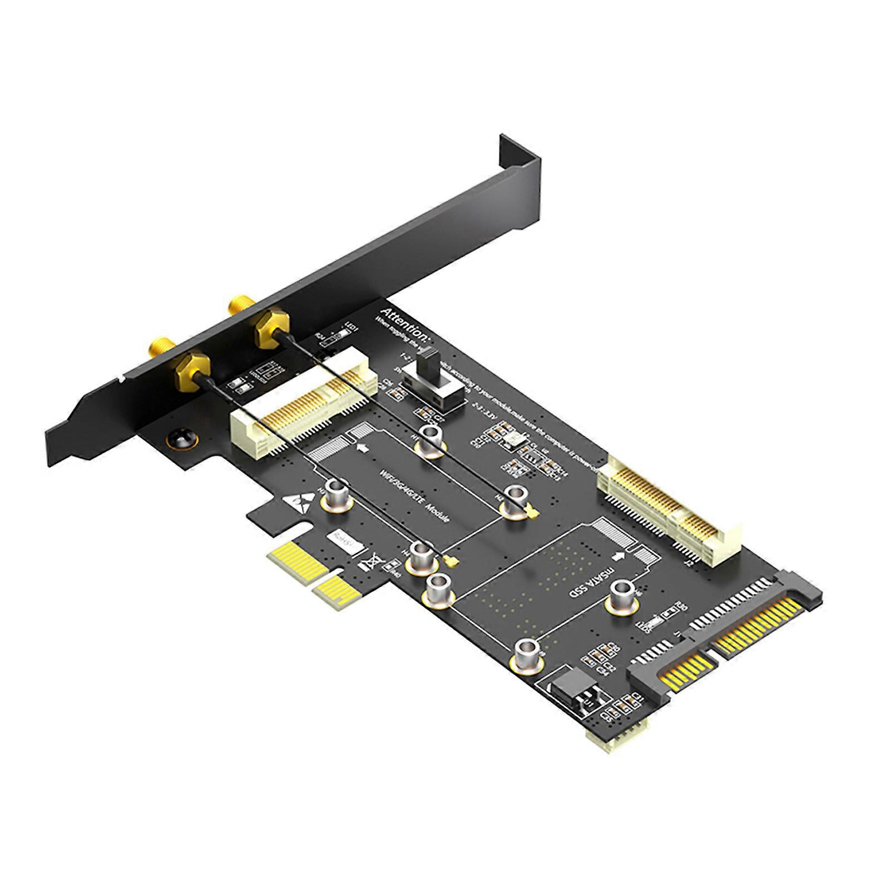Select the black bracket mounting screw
point(181,439)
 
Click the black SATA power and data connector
point(723,640)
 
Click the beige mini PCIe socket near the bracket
point(300,412)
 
